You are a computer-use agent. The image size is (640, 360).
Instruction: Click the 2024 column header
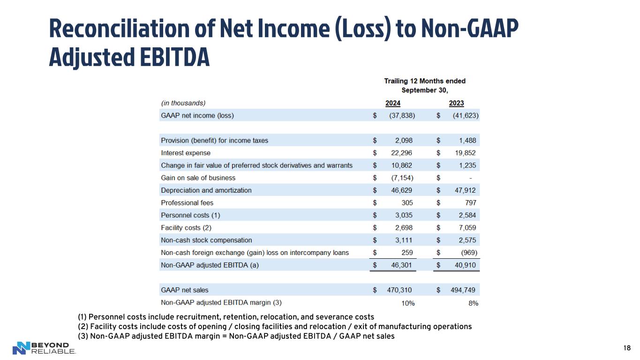[x=392, y=103]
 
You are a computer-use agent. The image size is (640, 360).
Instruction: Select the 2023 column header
[x=456, y=103]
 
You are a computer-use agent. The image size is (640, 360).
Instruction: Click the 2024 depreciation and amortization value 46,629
[x=402, y=190]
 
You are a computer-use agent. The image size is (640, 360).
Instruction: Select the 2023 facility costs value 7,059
[x=467, y=228]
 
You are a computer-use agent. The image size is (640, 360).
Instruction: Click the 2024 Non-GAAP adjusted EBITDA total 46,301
[x=402, y=265]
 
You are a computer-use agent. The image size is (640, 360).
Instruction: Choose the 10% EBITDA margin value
[x=408, y=303]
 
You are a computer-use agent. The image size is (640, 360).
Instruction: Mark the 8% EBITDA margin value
[x=473, y=303]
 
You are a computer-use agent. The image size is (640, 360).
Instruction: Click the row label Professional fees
[x=187, y=203]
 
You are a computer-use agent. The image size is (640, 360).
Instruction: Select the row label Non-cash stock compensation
[x=206, y=240]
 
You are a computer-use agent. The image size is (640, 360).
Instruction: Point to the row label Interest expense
[x=186, y=153]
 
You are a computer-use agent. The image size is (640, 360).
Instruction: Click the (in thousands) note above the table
[x=183, y=103]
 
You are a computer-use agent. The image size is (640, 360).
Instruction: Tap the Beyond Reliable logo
[x=44, y=348]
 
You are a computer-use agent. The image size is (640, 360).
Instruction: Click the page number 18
[x=627, y=348]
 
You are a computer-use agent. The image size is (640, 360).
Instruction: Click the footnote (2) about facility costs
[x=274, y=326]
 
